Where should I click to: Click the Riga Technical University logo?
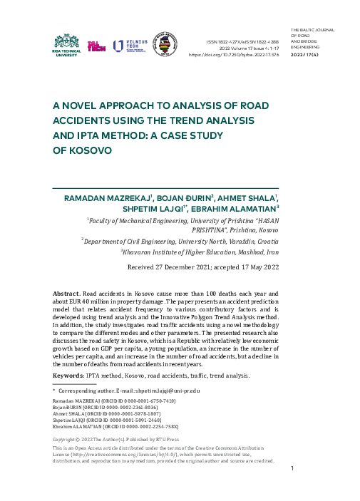pyautogui.click(x=68, y=45)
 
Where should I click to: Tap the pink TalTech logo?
pyautogui.click(x=96, y=46)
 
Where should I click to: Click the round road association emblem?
pyautogui.click(x=165, y=45)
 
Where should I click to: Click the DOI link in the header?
pyautogui.click(x=234, y=54)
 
